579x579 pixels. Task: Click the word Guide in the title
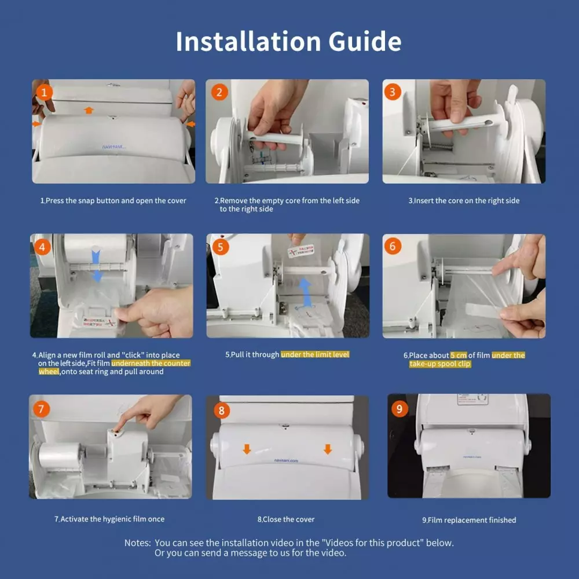364,41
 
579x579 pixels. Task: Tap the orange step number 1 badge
44,92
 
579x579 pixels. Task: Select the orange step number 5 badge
221,247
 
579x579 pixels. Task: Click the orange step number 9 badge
399,409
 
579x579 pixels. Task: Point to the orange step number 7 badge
41,409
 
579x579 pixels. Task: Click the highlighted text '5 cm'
459,356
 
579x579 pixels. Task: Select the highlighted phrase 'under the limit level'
315,354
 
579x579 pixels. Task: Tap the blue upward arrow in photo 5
305,293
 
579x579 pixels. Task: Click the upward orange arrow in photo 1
89,110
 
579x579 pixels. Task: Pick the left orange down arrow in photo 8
247,449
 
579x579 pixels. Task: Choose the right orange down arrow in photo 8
328,449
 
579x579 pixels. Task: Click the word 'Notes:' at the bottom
138,543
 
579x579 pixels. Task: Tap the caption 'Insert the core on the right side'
466,200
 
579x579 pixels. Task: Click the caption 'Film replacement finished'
472,520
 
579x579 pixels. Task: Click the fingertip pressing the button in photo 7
118,429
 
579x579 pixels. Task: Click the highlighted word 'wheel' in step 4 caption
49,372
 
